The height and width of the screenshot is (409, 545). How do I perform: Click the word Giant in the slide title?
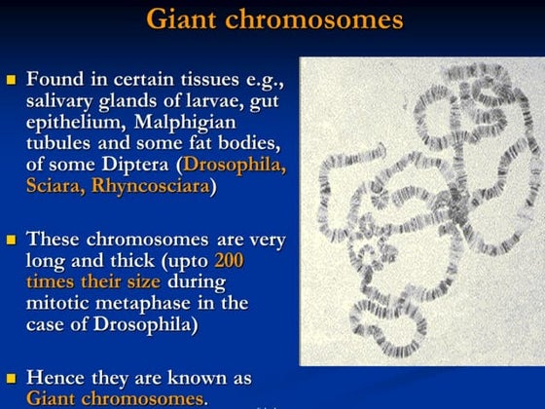tap(185, 19)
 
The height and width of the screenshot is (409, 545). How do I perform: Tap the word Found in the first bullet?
tap(55, 79)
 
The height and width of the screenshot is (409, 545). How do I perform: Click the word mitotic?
tap(60, 303)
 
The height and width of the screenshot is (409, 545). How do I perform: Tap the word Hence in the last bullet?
tap(55, 377)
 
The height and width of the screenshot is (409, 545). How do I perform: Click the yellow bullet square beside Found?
tap(12, 79)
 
